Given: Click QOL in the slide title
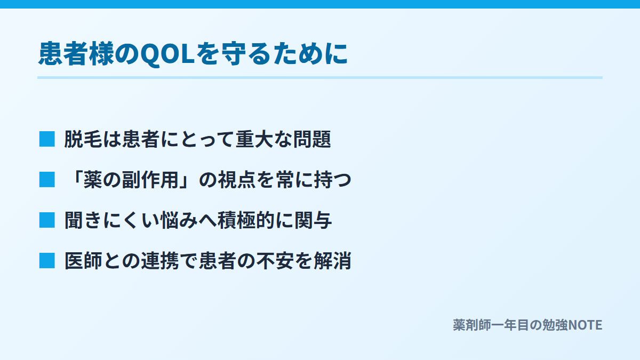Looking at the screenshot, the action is (167, 54).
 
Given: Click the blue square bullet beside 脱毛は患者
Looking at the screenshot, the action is (47, 139).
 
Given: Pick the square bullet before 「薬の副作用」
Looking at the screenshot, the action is (47, 179).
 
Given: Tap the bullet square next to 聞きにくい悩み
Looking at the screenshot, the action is (47, 220).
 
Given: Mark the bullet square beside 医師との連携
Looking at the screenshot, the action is (47, 261).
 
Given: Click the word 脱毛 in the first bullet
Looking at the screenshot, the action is (83, 139).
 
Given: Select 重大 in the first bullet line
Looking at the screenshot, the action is (254, 139).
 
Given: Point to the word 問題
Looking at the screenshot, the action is (313, 139).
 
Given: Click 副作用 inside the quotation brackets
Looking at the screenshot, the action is (150, 180).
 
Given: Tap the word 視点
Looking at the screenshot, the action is (237, 180).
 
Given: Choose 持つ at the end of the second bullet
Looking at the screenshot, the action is (333, 180).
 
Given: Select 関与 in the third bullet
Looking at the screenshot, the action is (313, 220).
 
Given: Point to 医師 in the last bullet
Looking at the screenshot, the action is (83, 261).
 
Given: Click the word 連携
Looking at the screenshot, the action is (160, 261).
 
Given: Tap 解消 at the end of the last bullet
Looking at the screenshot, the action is (333, 261).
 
